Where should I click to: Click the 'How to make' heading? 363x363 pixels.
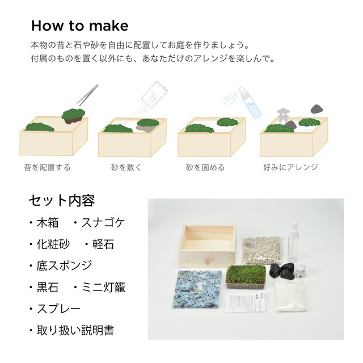pyautogui.click(x=79, y=26)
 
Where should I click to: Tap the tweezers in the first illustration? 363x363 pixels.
pyautogui.click(x=87, y=95)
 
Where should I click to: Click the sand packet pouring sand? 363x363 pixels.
pyautogui.click(x=154, y=95)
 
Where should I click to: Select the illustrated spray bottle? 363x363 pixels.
pyautogui.click(x=250, y=102)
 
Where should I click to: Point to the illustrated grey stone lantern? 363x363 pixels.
pyautogui.click(x=283, y=115)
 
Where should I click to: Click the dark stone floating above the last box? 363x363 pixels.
pyautogui.click(x=317, y=109)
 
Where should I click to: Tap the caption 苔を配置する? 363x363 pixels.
pyautogui.click(x=47, y=167)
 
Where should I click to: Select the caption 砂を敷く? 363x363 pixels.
pyautogui.click(x=126, y=167)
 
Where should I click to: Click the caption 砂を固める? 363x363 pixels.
pyautogui.click(x=205, y=167)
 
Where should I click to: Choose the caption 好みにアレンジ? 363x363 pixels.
pyautogui.click(x=290, y=167)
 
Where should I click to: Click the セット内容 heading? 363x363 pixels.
pyautogui.click(x=62, y=200)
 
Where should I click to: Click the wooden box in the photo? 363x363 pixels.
pyautogui.click(x=207, y=246)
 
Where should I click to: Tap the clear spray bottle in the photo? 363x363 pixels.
pyautogui.click(x=293, y=240)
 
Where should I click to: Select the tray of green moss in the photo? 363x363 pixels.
pyautogui.click(x=246, y=277)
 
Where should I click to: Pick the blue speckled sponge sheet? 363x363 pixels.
pyautogui.click(x=197, y=289)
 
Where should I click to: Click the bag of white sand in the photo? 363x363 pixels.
pyautogui.click(x=291, y=297)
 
